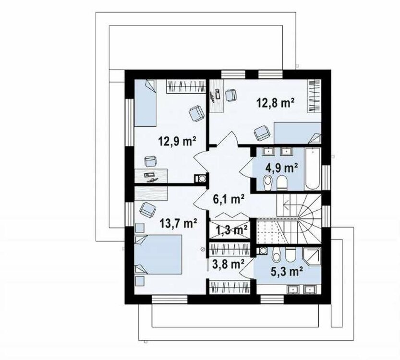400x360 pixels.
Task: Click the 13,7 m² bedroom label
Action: [178, 223]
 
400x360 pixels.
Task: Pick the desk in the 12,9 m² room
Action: [152, 175]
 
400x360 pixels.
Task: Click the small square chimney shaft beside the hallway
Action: [198, 178]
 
